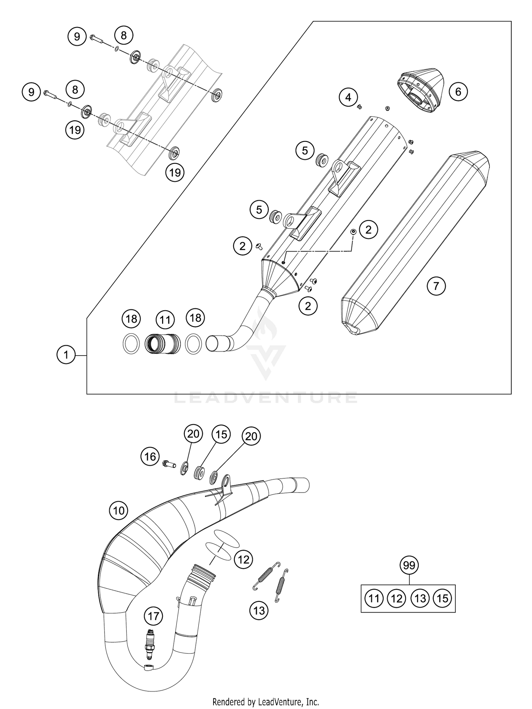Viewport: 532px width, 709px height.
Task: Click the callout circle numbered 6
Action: pyautogui.click(x=458, y=92)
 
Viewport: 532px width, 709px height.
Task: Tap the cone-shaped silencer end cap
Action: pyautogui.click(x=420, y=90)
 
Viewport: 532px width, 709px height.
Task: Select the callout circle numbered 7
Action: pyautogui.click(x=436, y=286)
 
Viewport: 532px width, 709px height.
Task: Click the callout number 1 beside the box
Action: pyautogui.click(x=66, y=355)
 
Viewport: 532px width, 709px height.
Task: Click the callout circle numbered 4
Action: pyautogui.click(x=348, y=97)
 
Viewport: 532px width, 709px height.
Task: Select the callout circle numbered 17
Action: pyautogui.click(x=154, y=616)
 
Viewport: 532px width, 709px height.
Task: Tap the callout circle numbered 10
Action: pyautogui.click(x=118, y=511)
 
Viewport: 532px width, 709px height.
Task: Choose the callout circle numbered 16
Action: pyautogui.click(x=150, y=456)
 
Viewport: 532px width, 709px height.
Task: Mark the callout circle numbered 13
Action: pyautogui.click(x=259, y=610)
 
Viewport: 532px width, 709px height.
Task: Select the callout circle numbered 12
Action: pyautogui.click(x=243, y=560)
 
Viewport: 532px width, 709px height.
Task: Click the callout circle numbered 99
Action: pyautogui.click(x=409, y=565)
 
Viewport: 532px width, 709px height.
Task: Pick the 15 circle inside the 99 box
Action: pyautogui.click(x=443, y=599)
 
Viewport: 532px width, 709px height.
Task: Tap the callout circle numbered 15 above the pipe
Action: pyautogui.click(x=221, y=434)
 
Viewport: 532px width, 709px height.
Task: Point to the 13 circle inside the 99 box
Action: pyautogui.click(x=420, y=599)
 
